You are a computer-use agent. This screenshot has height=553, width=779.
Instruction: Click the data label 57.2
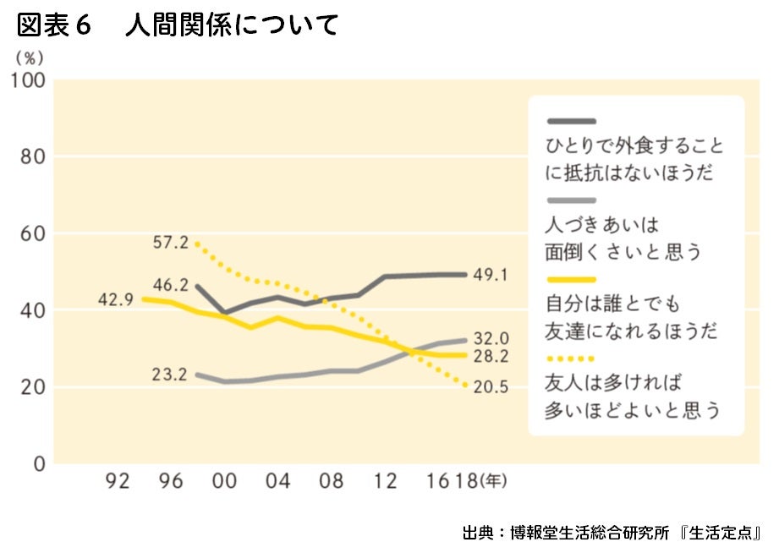point(173,243)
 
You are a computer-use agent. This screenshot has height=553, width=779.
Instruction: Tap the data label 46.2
point(172,285)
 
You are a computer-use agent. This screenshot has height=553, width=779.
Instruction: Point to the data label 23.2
point(169,375)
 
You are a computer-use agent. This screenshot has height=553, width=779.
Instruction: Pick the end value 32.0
point(491,337)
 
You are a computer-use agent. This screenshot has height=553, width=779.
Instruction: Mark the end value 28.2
point(491,355)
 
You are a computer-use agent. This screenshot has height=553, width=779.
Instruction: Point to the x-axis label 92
point(118,482)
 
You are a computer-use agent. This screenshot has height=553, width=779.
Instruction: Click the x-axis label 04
point(277,482)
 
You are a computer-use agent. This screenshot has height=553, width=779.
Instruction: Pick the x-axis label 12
point(385,482)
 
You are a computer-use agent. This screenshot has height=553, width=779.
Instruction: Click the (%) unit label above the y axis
point(29,58)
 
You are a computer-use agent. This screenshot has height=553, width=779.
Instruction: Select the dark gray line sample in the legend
point(572,122)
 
